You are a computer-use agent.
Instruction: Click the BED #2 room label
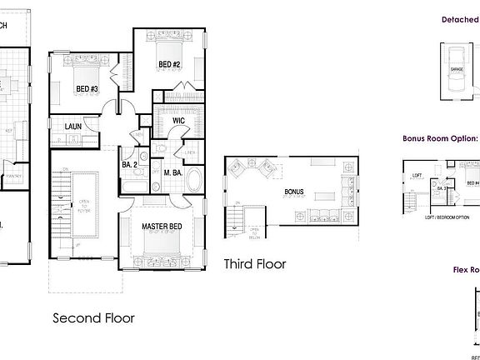pyautogui.click(x=170, y=64)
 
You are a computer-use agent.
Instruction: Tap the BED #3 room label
pyautogui.click(x=87, y=88)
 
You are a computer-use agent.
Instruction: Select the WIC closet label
pyautogui.click(x=178, y=122)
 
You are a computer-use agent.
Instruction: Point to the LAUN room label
pyautogui.click(x=72, y=127)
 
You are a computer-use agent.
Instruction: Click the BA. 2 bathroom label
pyautogui.click(x=129, y=165)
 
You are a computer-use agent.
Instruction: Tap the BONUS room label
pyautogui.click(x=294, y=192)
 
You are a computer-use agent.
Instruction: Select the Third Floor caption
pyautogui.click(x=255, y=264)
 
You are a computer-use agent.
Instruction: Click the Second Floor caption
pyautogui.click(x=93, y=317)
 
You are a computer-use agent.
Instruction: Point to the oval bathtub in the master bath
pyautogui.click(x=193, y=181)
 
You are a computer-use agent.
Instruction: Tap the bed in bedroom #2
pyautogui.click(x=167, y=42)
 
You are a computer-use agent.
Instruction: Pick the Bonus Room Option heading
pyautogui.click(x=440, y=139)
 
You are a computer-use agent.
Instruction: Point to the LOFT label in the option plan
pyautogui.click(x=417, y=177)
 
